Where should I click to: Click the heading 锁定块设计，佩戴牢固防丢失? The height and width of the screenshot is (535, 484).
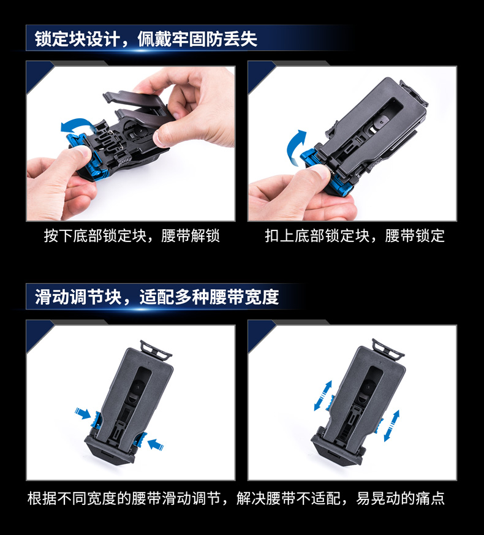pyautogui.click(x=146, y=39)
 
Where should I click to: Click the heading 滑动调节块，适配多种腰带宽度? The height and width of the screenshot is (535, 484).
pyautogui.click(x=157, y=297)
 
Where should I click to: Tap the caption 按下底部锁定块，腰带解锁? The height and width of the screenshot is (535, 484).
pyautogui.click(x=132, y=236)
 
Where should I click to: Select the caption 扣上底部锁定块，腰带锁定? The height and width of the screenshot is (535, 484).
pyautogui.click(x=355, y=236)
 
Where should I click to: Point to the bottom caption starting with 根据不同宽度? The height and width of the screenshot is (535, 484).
pyautogui.click(x=236, y=498)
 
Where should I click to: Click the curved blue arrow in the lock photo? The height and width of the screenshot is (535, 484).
pyautogui.click(x=294, y=145)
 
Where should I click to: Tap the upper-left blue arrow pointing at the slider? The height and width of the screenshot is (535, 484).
pyautogui.click(x=83, y=413)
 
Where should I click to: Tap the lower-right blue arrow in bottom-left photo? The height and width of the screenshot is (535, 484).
pyautogui.click(x=155, y=444)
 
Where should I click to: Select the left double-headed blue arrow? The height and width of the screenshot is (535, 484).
pyautogui.click(x=323, y=396)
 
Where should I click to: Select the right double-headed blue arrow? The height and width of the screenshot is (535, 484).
pyautogui.click(x=391, y=426)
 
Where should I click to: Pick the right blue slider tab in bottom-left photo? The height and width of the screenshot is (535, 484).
pyautogui.click(x=140, y=439)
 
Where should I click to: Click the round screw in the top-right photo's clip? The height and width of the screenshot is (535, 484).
pyautogui.click(x=381, y=121)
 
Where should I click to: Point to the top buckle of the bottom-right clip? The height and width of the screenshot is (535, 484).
pyautogui.click(x=388, y=348)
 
